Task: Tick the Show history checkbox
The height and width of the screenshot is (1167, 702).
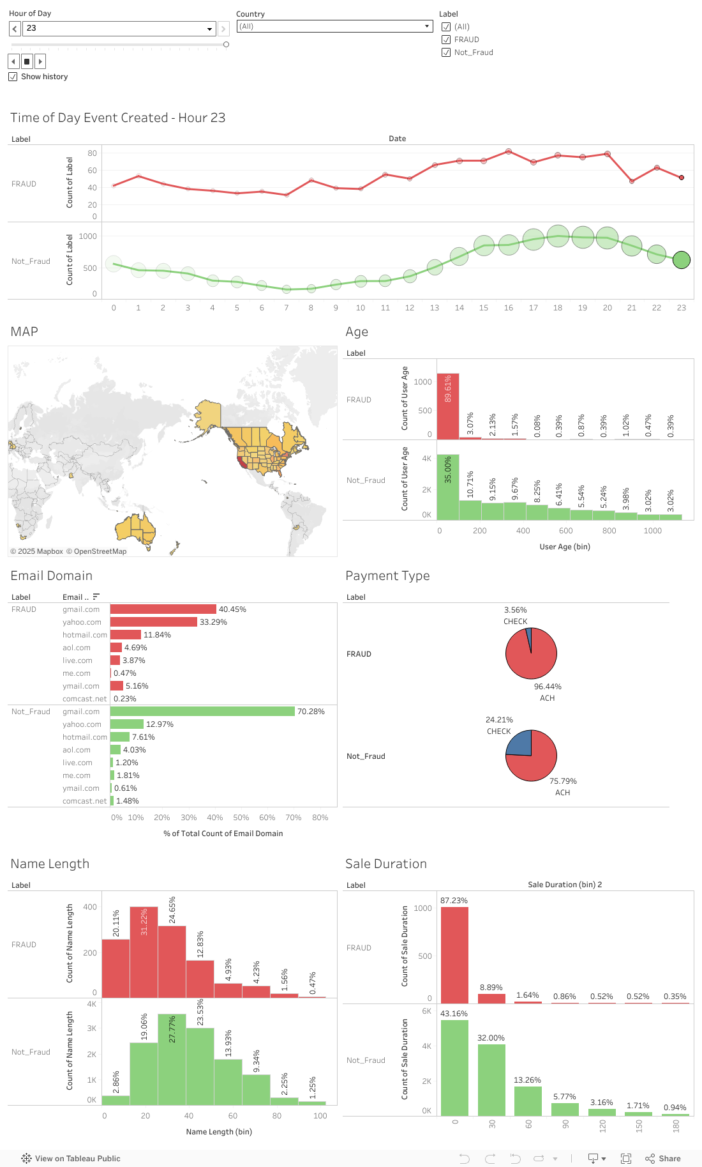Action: pos(13,77)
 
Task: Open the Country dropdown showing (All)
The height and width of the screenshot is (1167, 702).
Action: pos(334,26)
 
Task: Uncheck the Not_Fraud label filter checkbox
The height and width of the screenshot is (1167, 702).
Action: pos(446,52)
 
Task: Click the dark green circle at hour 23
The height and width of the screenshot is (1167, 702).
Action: pos(682,260)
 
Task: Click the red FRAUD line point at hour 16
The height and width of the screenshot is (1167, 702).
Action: pos(509,151)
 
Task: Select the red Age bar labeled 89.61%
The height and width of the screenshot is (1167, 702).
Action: pos(448,406)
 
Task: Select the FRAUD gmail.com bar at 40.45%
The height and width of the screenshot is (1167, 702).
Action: pos(163,609)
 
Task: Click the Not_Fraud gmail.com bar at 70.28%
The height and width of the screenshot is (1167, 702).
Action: pos(202,712)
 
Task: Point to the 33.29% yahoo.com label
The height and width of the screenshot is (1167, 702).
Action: pos(213,622)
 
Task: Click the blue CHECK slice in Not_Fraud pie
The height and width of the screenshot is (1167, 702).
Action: pos(520,744)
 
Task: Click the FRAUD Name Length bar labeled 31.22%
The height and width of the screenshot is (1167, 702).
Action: pos(144,952)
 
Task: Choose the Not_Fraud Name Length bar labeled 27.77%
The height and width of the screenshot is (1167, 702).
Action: pos(172,1060)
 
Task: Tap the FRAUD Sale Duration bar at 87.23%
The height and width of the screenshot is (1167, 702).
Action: pos(454,955)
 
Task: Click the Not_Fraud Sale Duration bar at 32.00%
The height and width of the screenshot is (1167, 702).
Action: pos(491,1079)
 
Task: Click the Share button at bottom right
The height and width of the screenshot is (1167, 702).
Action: pos(663,1158)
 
